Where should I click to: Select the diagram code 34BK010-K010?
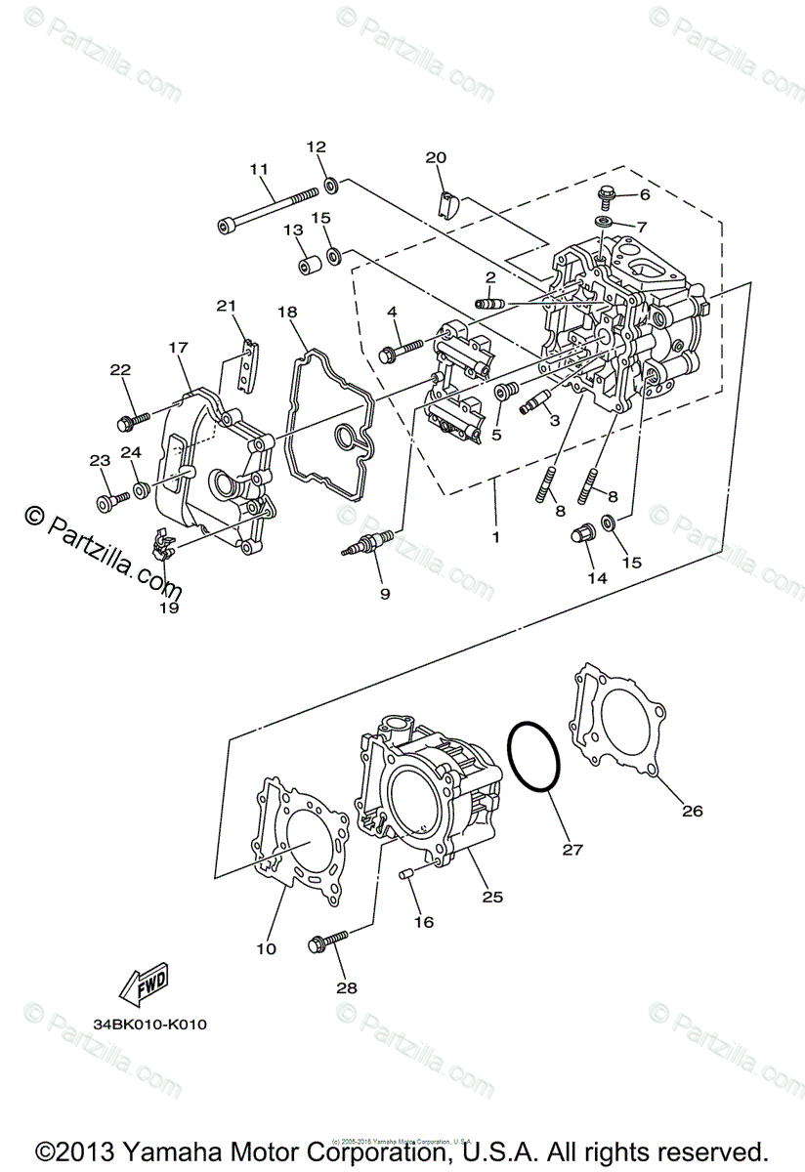150,1025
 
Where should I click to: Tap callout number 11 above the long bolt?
258,169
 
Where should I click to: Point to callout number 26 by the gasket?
692,811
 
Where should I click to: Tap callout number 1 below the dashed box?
495,536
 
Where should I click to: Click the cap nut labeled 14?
582,535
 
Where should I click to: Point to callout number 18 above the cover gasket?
286,312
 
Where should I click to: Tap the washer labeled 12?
330,182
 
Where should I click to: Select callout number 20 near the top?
436,157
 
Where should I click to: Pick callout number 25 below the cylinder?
491,897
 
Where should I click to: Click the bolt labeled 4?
404,346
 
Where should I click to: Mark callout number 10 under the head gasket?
267,947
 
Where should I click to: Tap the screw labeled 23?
108,502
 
